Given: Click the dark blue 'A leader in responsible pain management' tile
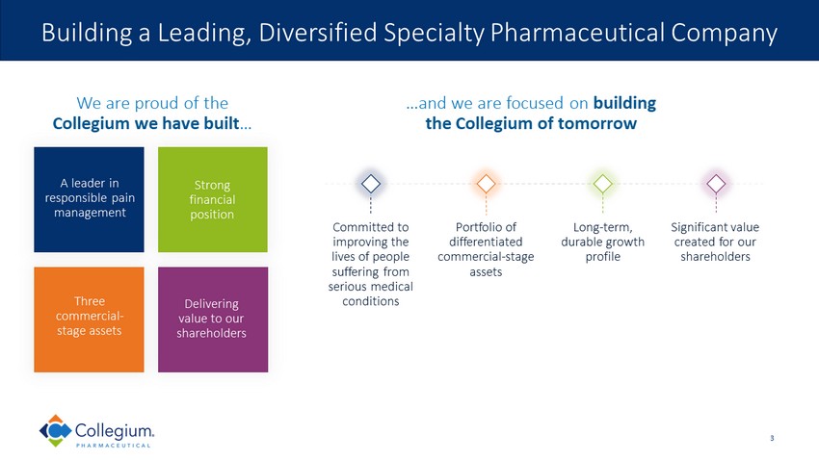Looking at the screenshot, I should (89, 198).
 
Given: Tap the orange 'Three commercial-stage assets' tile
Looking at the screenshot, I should (89, 319).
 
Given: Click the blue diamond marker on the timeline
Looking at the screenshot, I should (371, 183).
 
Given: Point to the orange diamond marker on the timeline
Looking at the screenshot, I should (487, 183).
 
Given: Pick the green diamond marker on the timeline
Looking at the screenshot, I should (602, 183).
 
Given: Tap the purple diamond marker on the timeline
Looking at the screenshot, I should (715, 183).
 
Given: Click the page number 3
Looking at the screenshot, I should (772, 439).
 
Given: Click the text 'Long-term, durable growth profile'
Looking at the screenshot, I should (602, 242).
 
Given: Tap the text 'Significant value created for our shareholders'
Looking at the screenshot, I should (715, 242).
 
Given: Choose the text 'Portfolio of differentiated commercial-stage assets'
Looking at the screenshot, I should (486, 249).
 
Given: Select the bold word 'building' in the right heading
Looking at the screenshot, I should (624, 103).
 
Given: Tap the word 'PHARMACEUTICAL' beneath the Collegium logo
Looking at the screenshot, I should (116, 446).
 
